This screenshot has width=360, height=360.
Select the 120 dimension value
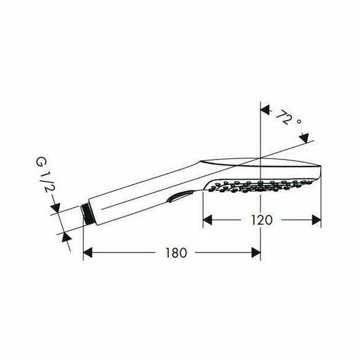pyautogui.click(x=262, y=220)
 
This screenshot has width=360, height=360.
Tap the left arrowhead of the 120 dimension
pyautogui.click(x=208, y=220)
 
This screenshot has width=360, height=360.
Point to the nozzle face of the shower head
pyautogui.click(x=263, y=185)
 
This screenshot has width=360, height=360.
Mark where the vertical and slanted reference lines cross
pyautogui.click(x=261, y=158)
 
